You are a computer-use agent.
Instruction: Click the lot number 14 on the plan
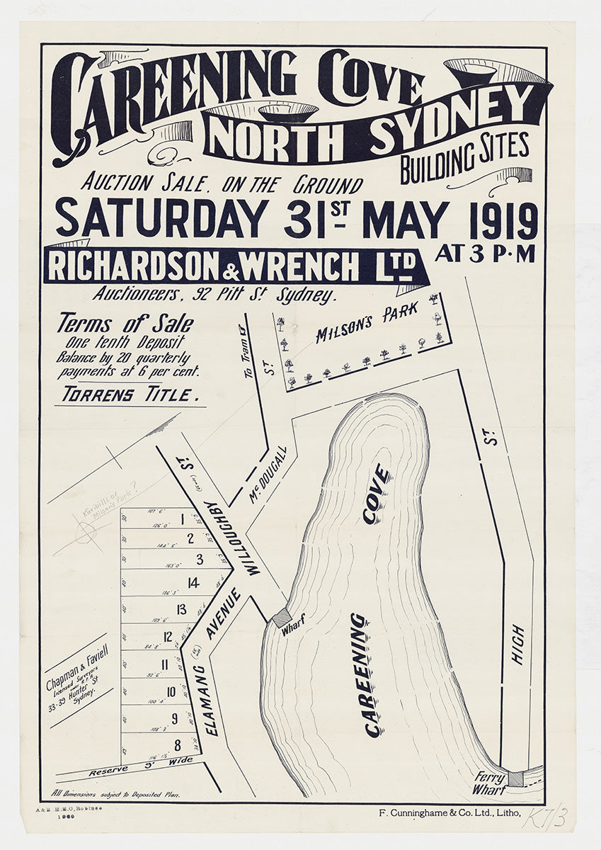(193, 583)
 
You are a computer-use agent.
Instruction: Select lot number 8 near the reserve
(178, 744)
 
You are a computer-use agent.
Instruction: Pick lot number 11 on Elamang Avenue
(165, 664)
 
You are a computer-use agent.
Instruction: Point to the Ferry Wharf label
(489, 783)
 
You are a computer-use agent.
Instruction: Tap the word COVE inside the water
(377, 494)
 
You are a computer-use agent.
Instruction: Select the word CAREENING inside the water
(374, 674)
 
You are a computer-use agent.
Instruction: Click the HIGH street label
(517, 645)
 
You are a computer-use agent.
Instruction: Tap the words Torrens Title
(127, 395)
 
